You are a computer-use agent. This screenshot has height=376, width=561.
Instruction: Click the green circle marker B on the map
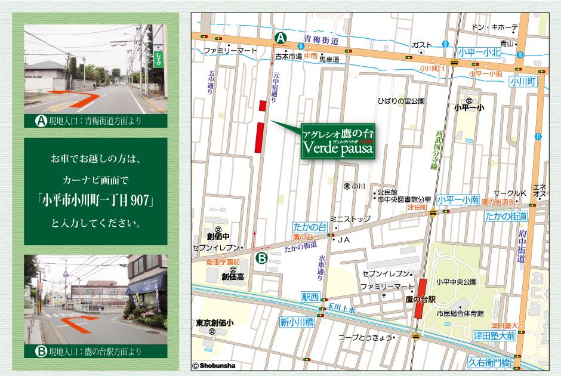pos(261,258)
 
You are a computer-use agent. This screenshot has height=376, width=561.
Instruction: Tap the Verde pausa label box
pos(338,141)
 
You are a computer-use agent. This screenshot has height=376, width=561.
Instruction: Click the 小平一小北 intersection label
pos(479,53)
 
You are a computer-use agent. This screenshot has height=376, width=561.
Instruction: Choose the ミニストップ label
pos(350,219)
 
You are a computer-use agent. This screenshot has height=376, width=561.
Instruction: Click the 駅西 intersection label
pos(311,296)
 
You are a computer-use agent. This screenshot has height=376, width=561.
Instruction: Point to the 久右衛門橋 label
pos(489,362)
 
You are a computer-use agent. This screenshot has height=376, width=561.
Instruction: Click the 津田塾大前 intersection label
pos(494,335)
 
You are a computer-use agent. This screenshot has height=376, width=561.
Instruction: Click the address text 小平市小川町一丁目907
pos(99,201)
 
